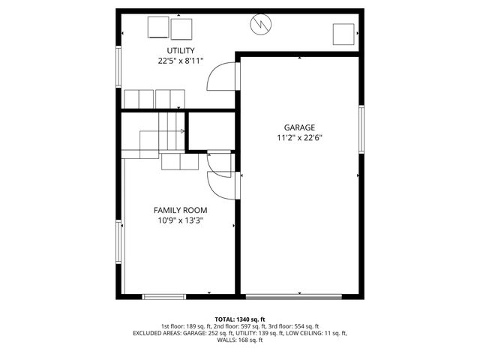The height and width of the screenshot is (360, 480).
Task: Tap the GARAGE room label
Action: click(x=299, y=127)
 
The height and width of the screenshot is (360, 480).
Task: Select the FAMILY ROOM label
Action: click(x=181, y=210)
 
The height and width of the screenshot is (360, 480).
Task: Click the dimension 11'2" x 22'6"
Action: click(x=299, y=137)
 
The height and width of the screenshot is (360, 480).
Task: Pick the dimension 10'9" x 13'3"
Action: click(x=181, y=220)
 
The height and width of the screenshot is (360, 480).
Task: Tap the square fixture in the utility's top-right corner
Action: click(x=343, y=34)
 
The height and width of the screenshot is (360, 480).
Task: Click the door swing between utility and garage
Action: click(x=223, y=76)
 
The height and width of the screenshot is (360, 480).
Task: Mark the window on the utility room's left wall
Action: click(x=118, y=72)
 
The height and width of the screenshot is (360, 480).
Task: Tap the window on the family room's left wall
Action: click(x=118, y=241)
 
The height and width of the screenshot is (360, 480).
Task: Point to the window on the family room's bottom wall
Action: click(x=164, y=296)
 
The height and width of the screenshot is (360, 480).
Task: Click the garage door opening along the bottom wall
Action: click(x=299, y=296)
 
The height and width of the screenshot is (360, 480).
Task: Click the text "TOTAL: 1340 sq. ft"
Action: click(x=240, y=319)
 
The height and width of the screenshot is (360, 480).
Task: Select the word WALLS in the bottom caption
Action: click(x=227, y=340)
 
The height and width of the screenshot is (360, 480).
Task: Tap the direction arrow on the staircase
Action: click(x=182, y=130)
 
